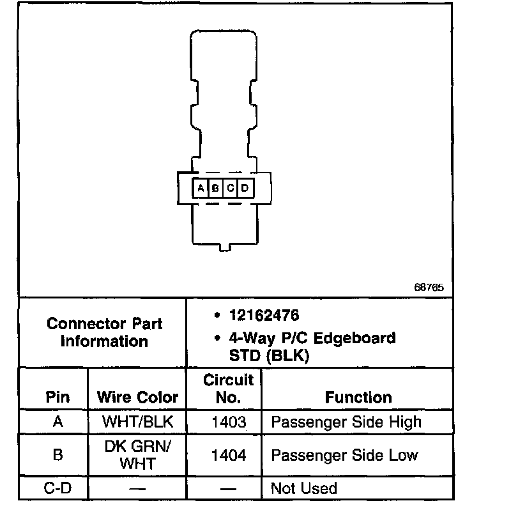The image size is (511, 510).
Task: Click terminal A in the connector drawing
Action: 201,188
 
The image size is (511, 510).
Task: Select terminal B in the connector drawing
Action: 215,188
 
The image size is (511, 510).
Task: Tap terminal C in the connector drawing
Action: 230,188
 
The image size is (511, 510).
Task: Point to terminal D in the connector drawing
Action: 245,188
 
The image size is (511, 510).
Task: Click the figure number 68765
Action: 428,287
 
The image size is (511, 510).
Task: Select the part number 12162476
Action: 265,316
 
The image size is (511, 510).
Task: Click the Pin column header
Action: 58,397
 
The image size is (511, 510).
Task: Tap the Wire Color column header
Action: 137,397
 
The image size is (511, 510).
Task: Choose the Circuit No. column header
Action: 228,389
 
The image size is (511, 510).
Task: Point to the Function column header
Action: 358,398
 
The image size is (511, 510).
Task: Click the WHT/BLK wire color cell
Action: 138,422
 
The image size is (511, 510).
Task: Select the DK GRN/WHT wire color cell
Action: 138,455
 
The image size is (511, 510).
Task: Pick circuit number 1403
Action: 227,422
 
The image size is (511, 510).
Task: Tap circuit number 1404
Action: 227,455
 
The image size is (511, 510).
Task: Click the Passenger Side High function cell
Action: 346,422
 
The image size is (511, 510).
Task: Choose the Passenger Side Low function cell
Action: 344,455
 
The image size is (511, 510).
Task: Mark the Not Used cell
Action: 304,489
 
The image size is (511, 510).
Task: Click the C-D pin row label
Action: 58,489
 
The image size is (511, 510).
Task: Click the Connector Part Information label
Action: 104,332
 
